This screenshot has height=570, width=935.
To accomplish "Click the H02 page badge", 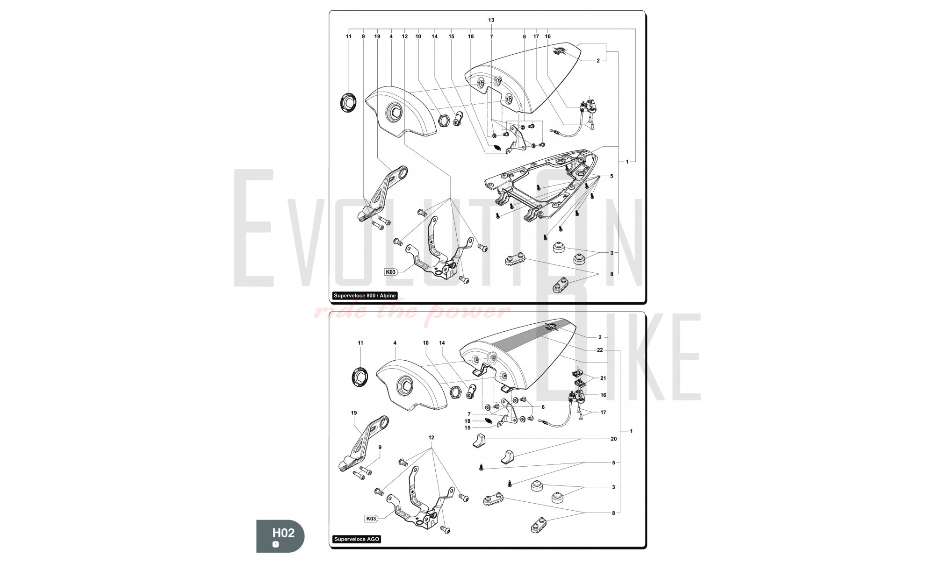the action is pyautogui.click(x=280, y=535).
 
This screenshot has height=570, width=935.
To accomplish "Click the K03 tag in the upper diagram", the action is pyautogui.click(x=390, y=272).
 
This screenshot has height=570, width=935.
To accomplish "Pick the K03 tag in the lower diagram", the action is pyautogui.click(x=371, y=519).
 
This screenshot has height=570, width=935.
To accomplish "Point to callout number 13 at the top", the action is pyautogui.click(x=491, y=20).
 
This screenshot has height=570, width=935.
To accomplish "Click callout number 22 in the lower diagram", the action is pyautogui.click(x=600, y=350).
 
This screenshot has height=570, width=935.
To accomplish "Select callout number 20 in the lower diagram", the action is pyautogui.click(x=614, y=439).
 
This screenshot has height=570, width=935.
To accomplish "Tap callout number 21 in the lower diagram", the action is pyautogui.click(x=603, y=378).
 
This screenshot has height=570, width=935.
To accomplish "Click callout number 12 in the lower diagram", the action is pyautogui.click(x=431, y=438).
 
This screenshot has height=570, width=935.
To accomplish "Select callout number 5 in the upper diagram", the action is pyautogui.click(x=611, y=176).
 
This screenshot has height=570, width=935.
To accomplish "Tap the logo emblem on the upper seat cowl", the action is pyautogui.click(x=559, y=51).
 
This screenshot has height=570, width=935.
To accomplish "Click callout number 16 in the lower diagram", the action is pyautogui.click(x=603, y=395).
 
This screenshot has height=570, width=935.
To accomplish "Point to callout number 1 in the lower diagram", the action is pyautogui.click(x=631, y=431).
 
